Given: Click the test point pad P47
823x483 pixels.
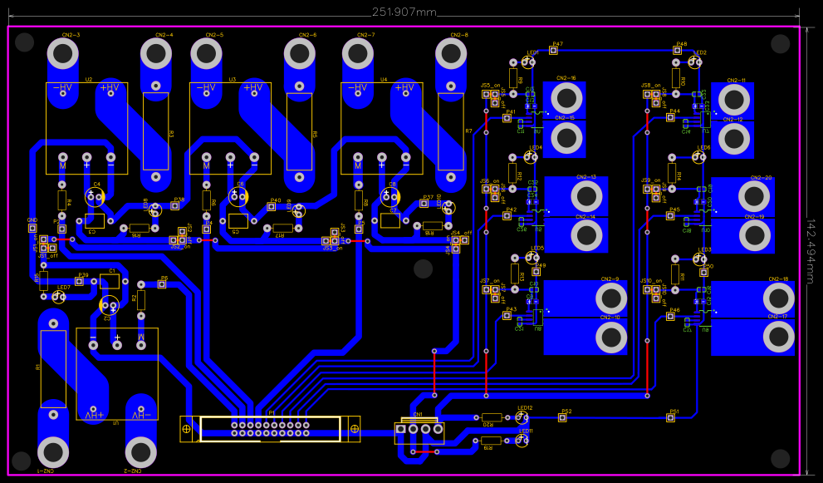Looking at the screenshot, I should [554, 52].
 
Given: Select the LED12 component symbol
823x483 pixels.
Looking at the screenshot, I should [522, 417].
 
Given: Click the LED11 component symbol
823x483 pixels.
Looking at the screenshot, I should [522, 441].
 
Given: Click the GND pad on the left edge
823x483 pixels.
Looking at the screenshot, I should [32, 228].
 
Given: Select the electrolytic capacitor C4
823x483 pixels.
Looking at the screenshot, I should [97, 196].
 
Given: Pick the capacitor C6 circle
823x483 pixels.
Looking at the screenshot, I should [242, 196].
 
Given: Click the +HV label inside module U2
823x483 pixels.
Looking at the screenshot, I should [110, 87].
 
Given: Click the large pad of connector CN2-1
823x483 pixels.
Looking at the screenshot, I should [54, 453].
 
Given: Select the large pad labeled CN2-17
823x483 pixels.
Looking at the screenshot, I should [779, 336].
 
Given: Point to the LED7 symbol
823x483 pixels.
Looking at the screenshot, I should [58, 296].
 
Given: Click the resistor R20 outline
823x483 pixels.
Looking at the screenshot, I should [492, 418].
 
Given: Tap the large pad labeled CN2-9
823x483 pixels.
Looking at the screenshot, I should [611, 298].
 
